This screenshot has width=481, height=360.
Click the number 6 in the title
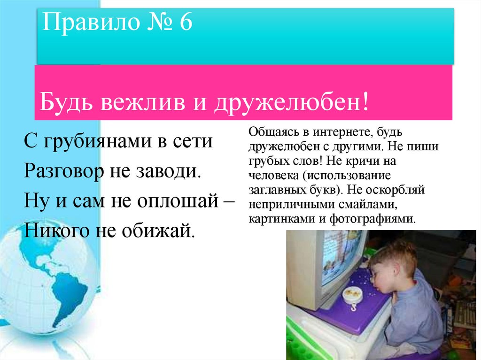point(185,23)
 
